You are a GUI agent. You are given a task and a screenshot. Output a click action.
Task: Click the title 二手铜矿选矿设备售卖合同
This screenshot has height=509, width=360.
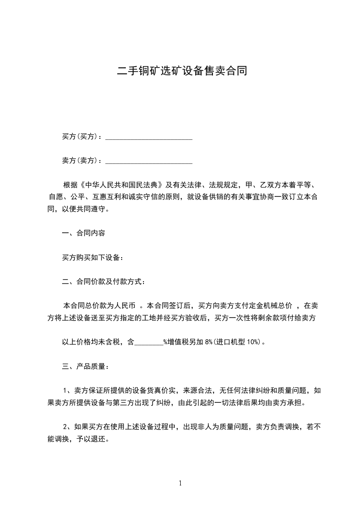click(182, 71)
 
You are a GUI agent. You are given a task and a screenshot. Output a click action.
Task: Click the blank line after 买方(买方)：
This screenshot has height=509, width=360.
click(149, 137)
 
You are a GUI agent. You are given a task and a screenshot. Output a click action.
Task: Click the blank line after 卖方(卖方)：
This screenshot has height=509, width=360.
click(149, 161)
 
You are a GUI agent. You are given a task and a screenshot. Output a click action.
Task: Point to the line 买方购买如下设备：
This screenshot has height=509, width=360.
click(93, 258)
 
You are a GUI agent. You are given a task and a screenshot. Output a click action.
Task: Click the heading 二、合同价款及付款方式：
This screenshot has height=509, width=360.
click(104, 282)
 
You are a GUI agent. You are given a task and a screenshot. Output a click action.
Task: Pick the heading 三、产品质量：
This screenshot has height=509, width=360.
click(85, 367)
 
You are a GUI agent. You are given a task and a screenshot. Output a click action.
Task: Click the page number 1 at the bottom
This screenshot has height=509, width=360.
click(180, 484)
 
